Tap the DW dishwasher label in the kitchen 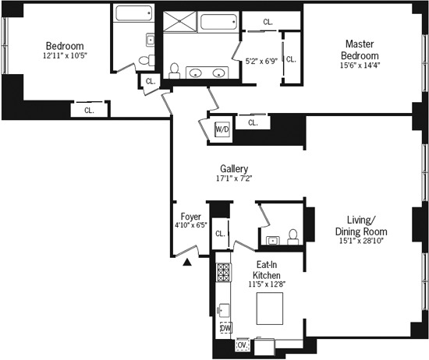pyautogui.click(x=225, y=328)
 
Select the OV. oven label pyautogui.click(x=242, y=344)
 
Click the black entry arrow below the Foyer pyautogui.click(x=186, y=263)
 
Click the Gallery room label pyautogui.click(x=234, y=168)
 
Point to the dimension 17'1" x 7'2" pyautogui.click(x=234, y=178)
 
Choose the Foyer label pyautogui.click(x=191, y=217)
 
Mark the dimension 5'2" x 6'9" pyautogui.click(x=261, y=60)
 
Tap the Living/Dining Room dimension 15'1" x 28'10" pyautogui.click(x=361, y=243)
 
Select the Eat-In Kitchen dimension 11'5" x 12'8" pyautogui.click(x=268, y=284)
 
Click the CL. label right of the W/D pyautogui.click(x=253, y=122)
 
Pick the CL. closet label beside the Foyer pyautogui.click(x=220, y=233)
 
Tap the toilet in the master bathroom pyautogui.click(x=175, y=71)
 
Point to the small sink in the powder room pyautogui.click(x=271, y=240)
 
